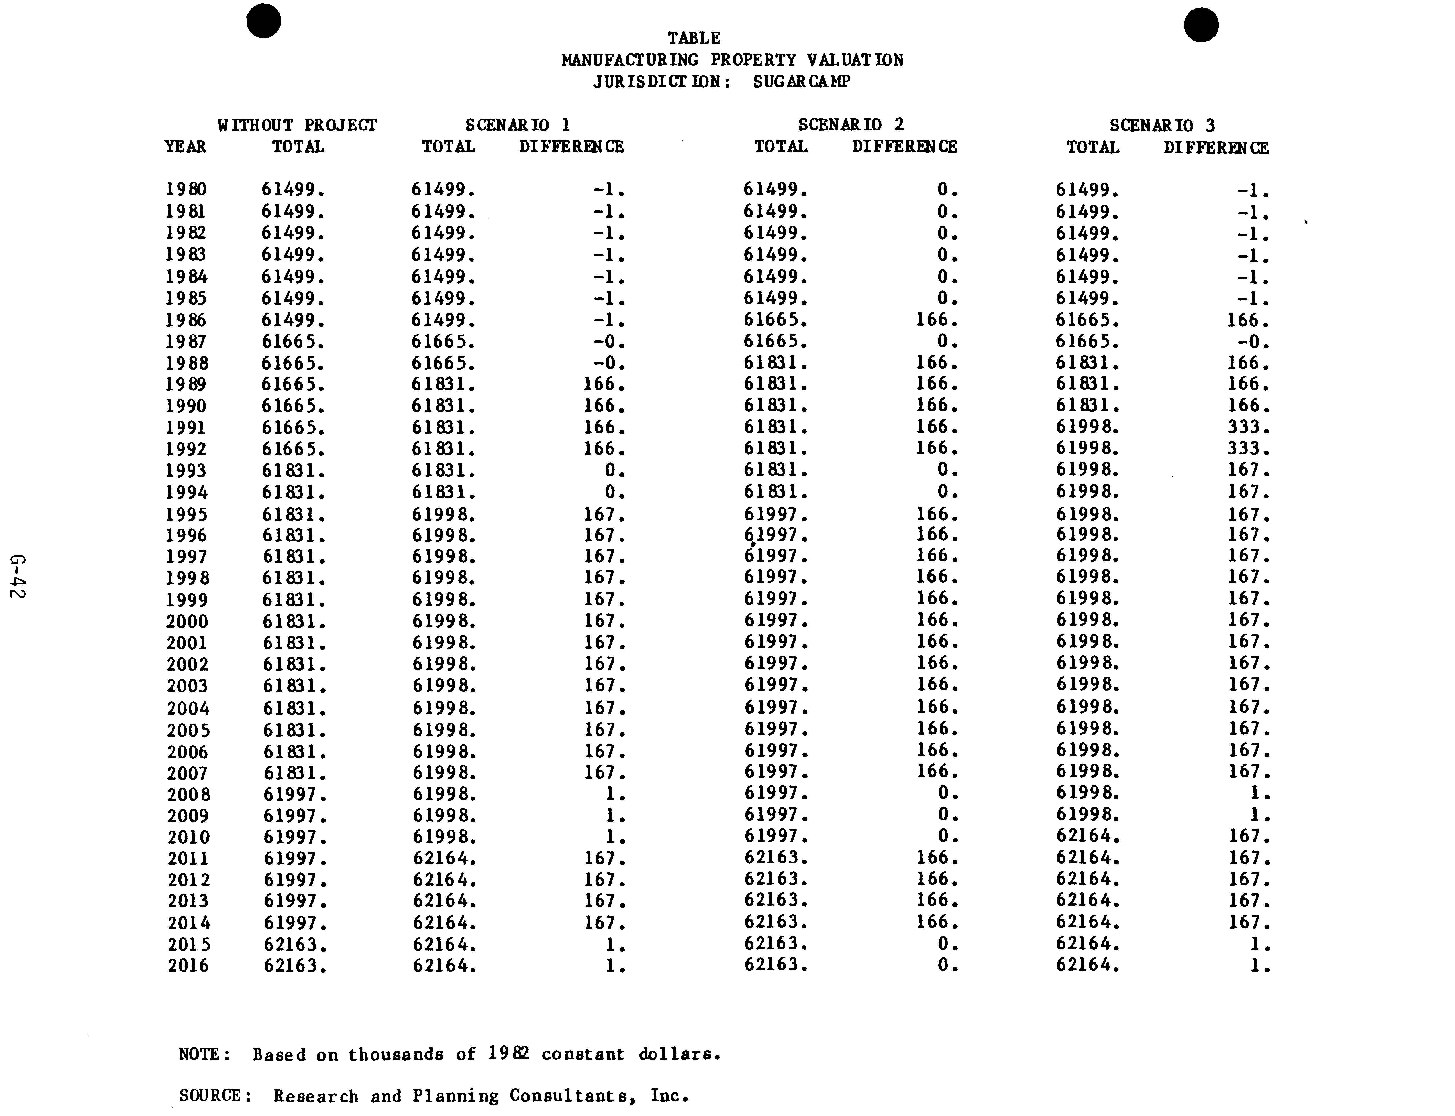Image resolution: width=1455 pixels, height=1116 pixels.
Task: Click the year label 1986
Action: (186, 320)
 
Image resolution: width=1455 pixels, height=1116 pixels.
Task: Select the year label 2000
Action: (187, 622)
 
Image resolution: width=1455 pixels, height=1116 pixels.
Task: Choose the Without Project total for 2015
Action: (295, 944)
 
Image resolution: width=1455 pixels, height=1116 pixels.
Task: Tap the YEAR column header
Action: (185, 147)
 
